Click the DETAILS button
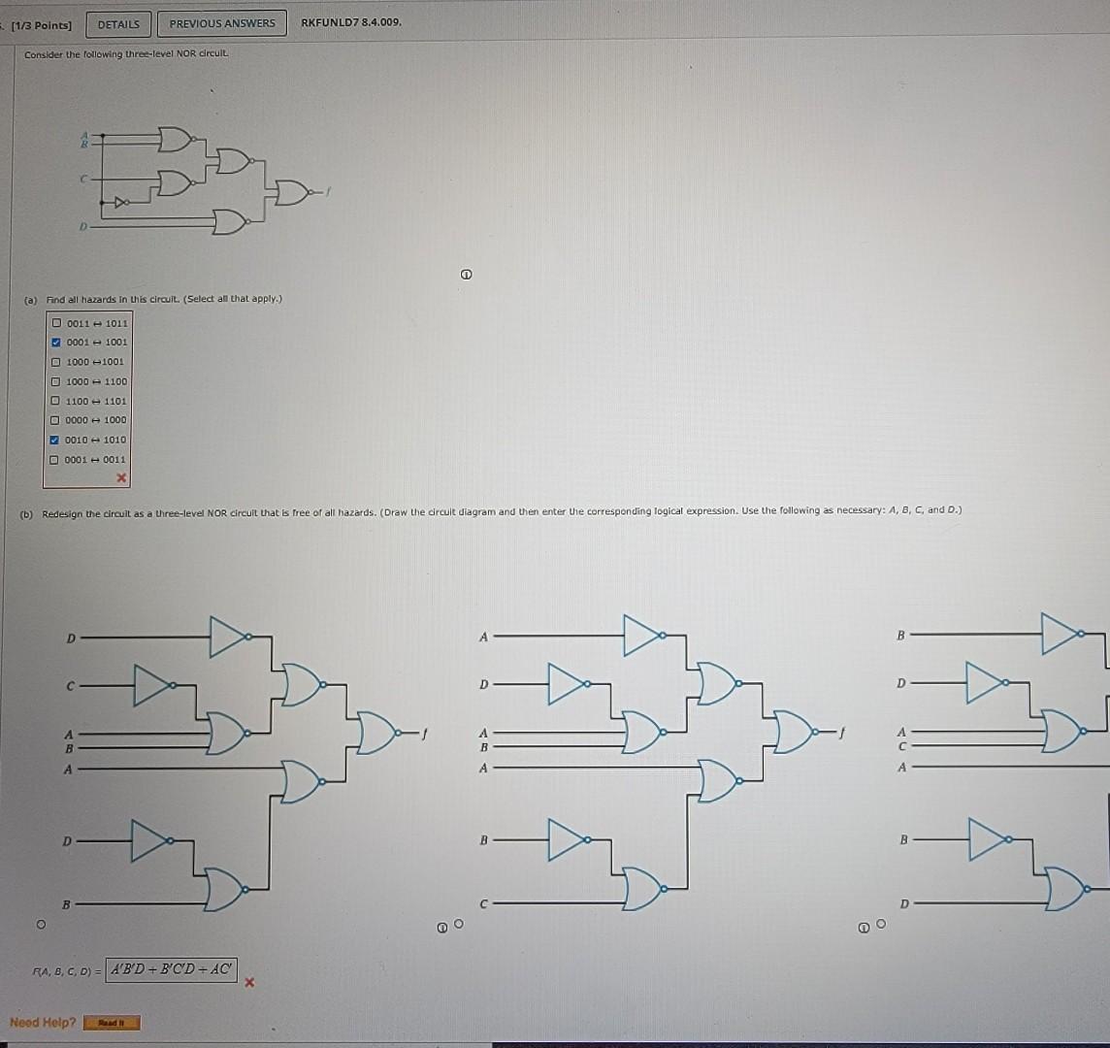point(118,23)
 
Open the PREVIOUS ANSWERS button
point(222,23)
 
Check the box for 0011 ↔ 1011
point(57,323)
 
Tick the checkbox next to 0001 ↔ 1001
point(57,343)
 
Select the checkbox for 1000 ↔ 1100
point(57,381)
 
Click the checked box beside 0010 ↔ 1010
point(57,440)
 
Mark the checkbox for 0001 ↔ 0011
point(57,460)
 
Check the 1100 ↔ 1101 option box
point(57,401)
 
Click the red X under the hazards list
point(121,478)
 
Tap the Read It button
point(112,1023)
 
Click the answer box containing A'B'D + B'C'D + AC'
point(171,968)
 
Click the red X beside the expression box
point(249,982)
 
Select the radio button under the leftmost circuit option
point(41,926)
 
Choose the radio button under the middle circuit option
point(459,926)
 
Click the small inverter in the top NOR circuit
point(120,203)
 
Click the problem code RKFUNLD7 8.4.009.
point(351,22)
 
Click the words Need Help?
point(43,1022)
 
